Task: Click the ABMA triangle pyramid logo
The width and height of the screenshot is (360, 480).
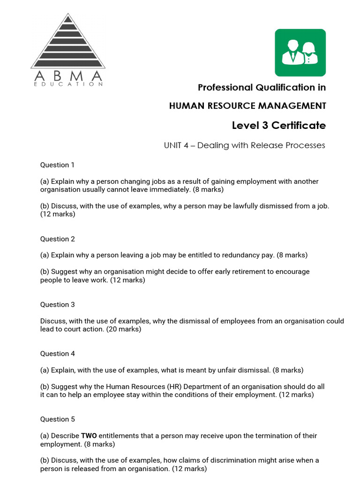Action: [68, 42]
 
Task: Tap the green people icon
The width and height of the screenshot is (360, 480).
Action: [300, 52]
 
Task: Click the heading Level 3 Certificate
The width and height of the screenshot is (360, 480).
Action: [278, 125]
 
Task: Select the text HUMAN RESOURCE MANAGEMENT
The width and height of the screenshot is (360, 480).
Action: [247, 106]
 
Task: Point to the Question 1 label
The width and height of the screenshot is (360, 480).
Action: [57, 165]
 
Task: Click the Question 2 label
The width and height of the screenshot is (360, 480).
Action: [57, 239]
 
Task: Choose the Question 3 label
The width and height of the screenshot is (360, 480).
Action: [57, 305]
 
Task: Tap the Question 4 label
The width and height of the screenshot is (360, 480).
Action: [57, 354]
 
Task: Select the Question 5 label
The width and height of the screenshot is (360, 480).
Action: [57, 420]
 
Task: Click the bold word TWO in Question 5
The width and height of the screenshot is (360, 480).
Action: [89, 436]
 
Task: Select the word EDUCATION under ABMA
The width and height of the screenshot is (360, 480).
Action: [68, 84]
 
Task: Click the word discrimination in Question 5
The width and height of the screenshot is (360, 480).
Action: [203, 460]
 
